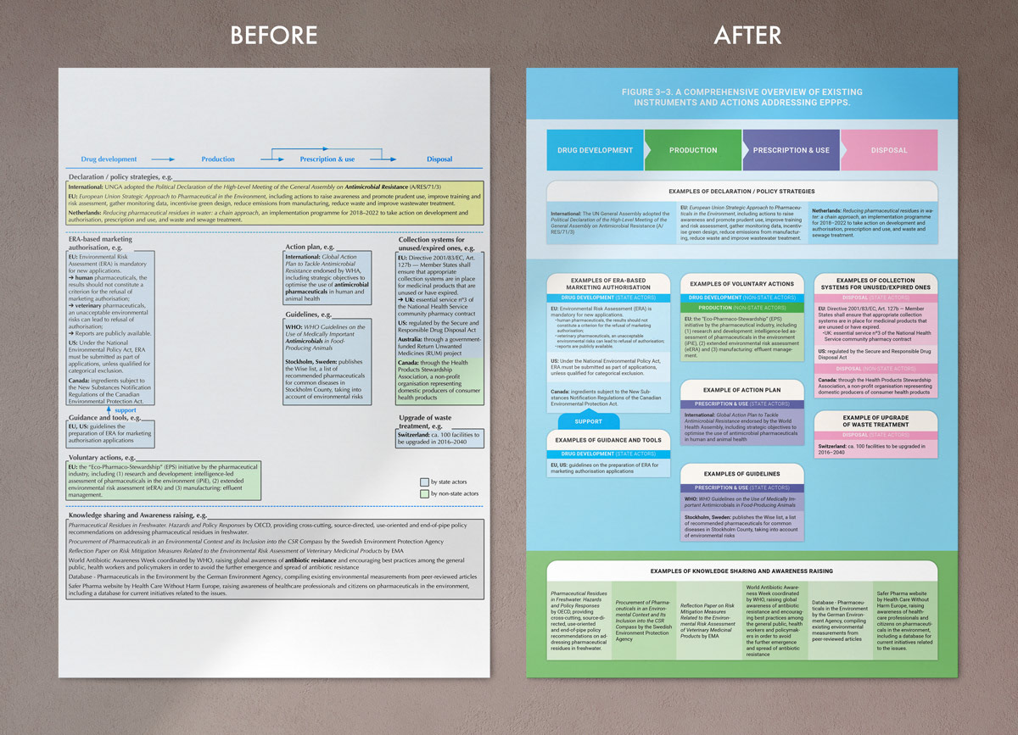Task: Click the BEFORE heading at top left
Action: click(x=274, y=36)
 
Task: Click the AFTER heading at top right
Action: click(x=747, y=36)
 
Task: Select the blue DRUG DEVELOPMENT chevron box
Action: click(x=595, y=150)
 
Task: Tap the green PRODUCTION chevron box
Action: click(x=693, y=150)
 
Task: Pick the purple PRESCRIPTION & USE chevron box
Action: click(x=791, y=150)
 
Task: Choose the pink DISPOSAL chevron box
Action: click(x=888, y=150)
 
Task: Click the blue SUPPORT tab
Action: click(x=588, y=421)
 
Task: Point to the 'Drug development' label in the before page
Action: click(x=109, y=159)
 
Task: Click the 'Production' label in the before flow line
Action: click(x=218, y=159)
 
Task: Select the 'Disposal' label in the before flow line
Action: click(x=439, y=159)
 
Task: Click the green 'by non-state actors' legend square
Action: click(x=424, y=493)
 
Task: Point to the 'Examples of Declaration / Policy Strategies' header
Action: click(x=741, y=192)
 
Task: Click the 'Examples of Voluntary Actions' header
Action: click(x=741, y=284)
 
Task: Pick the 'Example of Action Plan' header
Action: click(x=741, y=389)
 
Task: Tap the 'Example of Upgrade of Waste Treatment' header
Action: click(x=875, y=421)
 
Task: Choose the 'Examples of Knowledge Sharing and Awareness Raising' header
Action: click(x=741, y=571)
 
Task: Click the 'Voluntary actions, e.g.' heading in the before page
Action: click(x=103, y=457)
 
